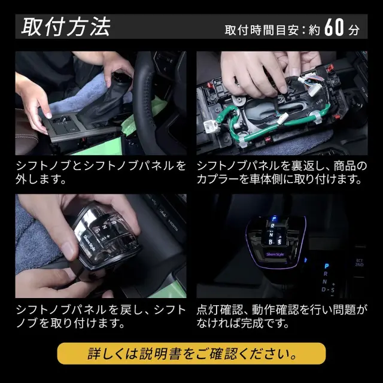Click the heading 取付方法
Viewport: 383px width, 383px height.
[66, 27]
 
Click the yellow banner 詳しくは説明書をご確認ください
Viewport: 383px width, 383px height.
[191, 354]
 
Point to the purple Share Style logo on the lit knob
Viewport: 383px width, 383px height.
[275, 254]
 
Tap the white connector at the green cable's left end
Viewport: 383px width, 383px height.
[210, 127]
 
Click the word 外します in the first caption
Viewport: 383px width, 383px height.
[41, 180]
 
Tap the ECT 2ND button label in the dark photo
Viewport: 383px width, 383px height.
[359, 263]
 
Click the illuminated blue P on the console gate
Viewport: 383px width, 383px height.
[327, 266]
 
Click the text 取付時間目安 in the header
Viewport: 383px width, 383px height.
[262, 31]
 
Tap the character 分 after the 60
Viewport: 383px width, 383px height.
[354, 30]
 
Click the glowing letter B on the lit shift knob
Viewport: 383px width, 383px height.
[270, 242]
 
